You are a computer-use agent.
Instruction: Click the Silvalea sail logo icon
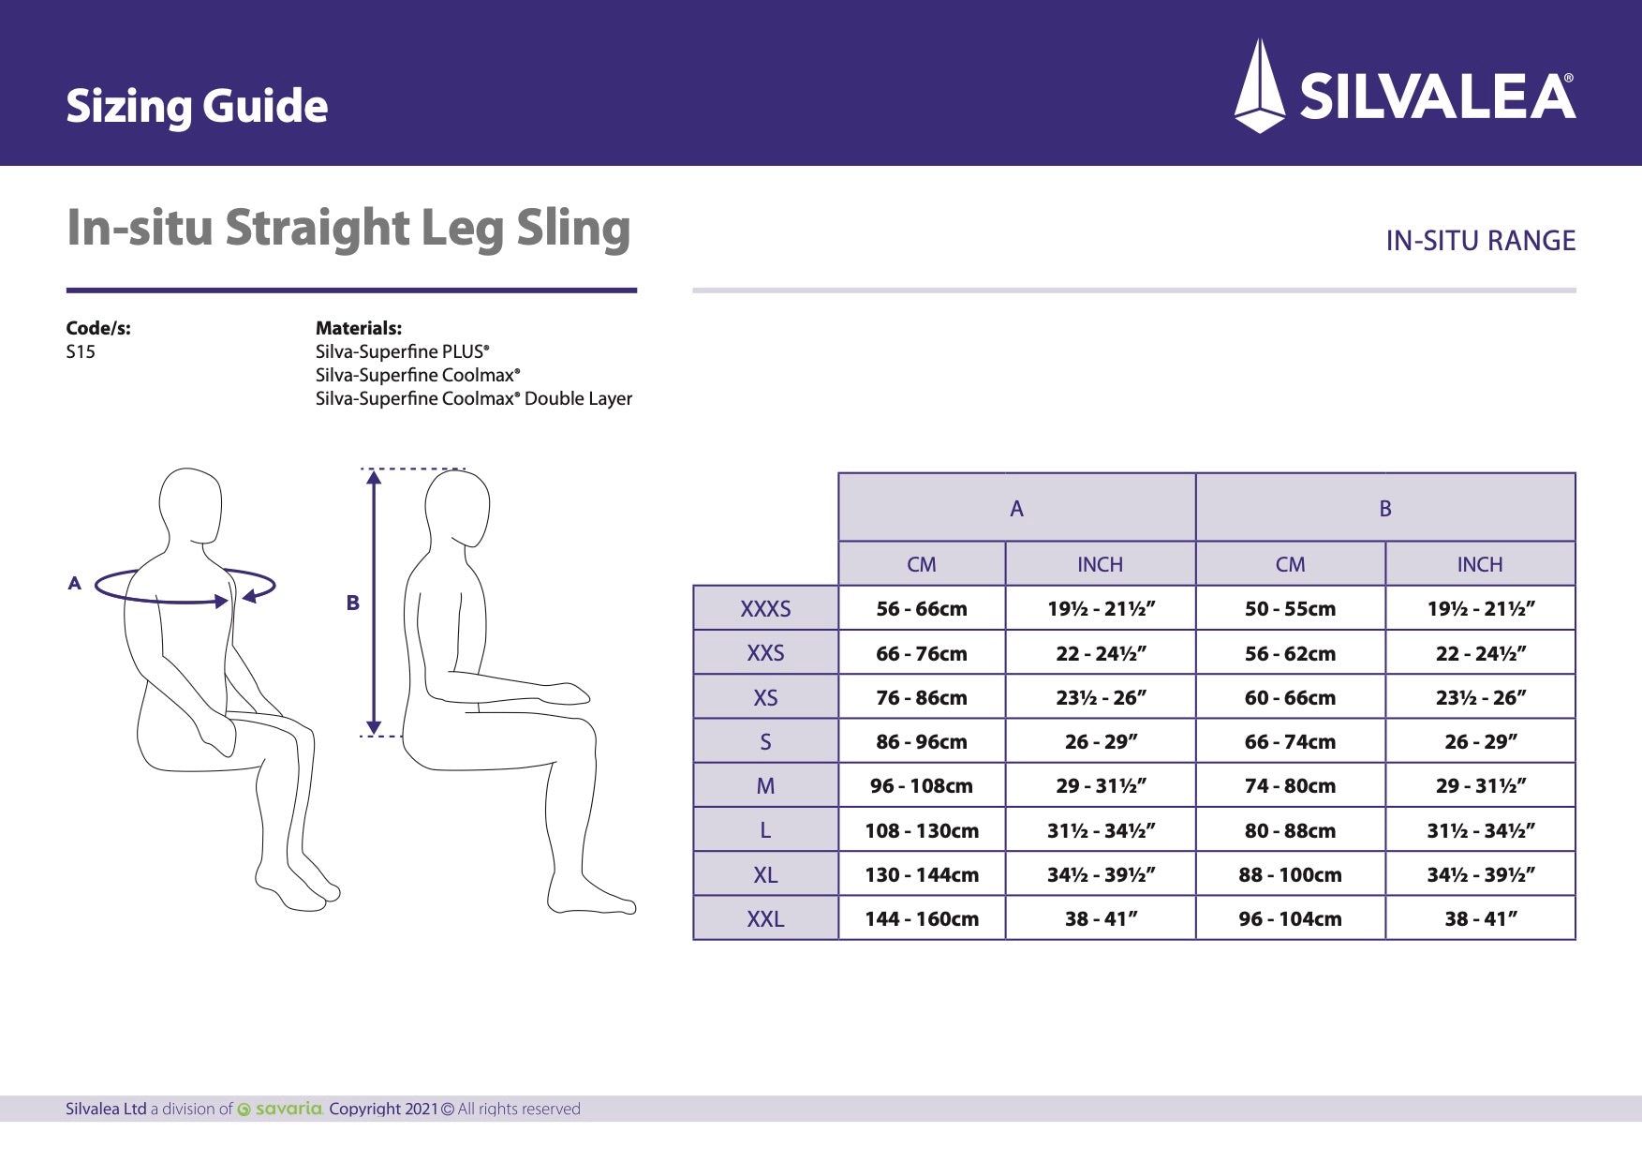pyautogui.click(x=1260, y=86)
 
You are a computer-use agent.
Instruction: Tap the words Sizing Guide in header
pyautogui.click(x=197, y=106)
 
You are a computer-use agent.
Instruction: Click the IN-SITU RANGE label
pyautogui.click(x=1480, y=241)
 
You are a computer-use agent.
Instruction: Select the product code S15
pyautogui.click(x=81, y=352)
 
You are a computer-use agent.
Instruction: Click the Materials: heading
pyautogui.click(x=358, y=328)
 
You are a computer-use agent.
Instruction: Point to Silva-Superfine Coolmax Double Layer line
pyautogui.click(x=473, y=398)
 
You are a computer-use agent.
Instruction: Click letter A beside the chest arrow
pyautogui.click(x=75, y=583)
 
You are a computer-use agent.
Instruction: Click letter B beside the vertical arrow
pyautogui.click(x=352, y=603)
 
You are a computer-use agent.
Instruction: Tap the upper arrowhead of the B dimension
pyautogui.click(x=374, y=478)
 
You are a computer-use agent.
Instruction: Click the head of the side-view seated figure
pyautogui.click(x=459, y=506)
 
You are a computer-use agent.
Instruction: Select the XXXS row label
pyautogui.click(x=765, y=609)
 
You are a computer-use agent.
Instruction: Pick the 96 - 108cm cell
pyautogui.click(x=921, y=786)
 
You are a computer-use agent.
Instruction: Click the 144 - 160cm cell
pyautogui.click(x=921, y=919)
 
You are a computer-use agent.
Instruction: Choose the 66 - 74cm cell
pyautogui.click(x=1290, y=742)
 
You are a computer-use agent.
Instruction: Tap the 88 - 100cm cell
pyautogui.click(x=1290, y=875)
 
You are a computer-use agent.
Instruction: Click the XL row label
pyautogui.click(x=765, y=875)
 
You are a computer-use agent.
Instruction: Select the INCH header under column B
pyautogui.click(x=1479, y=564)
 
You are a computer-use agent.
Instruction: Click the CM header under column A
pyautogui.click(x=921, y=564)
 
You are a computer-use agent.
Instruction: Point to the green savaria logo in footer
pyautogui.click(x=281, y=1110)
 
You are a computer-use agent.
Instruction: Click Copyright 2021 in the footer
pyautogui.click(x=383, y=1110)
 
